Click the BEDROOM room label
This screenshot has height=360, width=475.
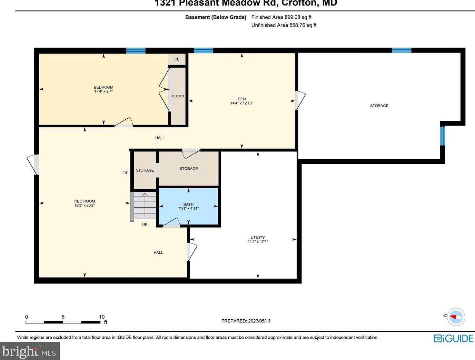coord(103,87)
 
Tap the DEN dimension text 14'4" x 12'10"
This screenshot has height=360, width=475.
coord(241,103)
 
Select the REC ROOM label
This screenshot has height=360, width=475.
coord(85,201)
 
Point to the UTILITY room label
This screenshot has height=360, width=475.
coord(258,237)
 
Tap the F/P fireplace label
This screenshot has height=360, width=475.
coord(125,173)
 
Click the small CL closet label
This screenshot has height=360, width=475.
coord(177,59)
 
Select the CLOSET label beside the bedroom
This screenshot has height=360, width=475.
coord(178,96)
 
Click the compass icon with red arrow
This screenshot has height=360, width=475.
coord(456,317)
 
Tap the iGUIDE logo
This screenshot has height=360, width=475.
coord(453,339)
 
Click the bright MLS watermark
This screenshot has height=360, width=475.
coord(30,351)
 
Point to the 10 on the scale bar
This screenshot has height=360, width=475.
coord(102,317)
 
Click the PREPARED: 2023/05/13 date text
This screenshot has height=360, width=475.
coord(246,321)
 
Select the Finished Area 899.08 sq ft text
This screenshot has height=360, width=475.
coord(281,17)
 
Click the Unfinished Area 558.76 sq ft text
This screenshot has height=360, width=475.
coord(284,25)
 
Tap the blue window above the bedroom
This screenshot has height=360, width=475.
coord(136,51)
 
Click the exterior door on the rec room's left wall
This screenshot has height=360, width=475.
coord(34,164)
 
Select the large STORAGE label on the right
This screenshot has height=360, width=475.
coord(379,106)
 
